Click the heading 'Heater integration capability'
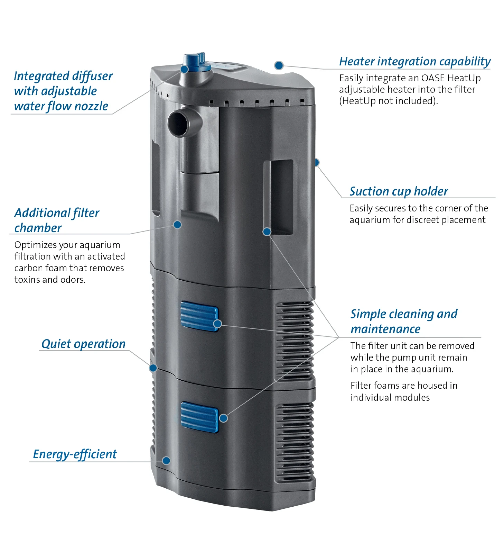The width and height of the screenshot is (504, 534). click(414, 62)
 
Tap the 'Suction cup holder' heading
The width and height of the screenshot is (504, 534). click(399, 191)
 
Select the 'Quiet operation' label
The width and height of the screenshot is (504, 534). click(83, 344)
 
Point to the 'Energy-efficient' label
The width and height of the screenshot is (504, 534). click(75, 454)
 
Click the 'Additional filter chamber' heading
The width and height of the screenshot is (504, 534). click(57, 220)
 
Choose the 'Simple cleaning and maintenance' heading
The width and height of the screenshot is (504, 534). click(404, 321)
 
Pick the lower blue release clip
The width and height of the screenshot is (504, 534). click(199, 417)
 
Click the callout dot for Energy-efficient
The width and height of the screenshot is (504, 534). click(166, 461)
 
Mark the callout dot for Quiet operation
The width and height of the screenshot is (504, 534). click(153, 368)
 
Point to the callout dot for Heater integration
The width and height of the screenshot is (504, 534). click(279, 65)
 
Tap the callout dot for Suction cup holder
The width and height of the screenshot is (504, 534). click(317, 162)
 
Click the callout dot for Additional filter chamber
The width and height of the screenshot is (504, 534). click(177, 225)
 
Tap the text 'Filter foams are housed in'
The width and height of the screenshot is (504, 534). click(404, 386)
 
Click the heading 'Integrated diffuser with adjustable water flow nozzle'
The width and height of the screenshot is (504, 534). click(63, 91)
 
